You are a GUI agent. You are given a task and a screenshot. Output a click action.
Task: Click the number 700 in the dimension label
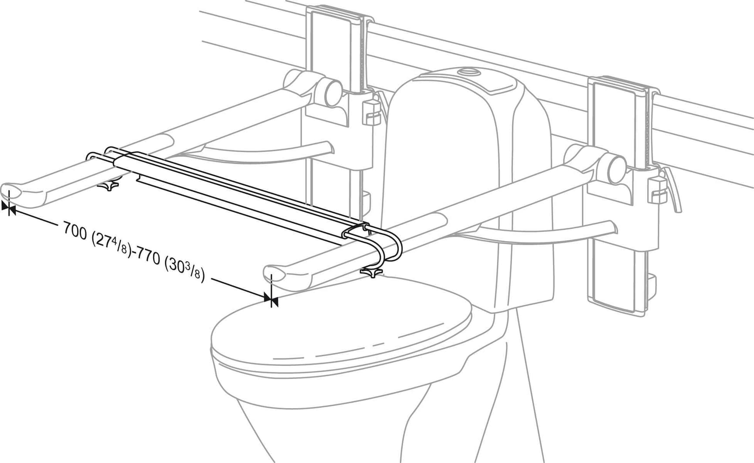pyautogui.click(x=75, y=230)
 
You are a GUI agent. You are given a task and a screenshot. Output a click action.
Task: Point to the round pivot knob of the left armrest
pyautogui.click(x=334, y=92)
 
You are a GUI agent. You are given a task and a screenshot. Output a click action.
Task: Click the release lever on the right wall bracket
pyautogui.click(x=673, y=192)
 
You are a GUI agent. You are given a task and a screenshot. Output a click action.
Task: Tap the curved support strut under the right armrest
pyautogui.click(x=540, y=234)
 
